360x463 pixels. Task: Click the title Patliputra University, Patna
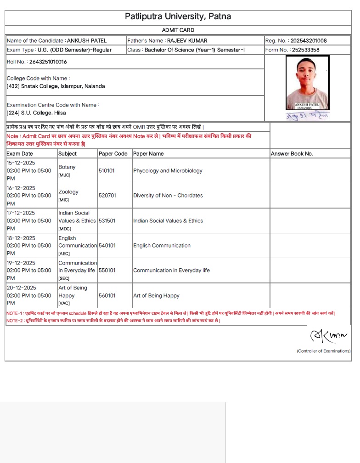[x=178, y=17]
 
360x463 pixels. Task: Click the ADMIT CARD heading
[x=178, y=30]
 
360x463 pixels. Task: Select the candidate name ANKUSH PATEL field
[x=86, y=41]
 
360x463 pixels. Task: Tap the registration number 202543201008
[x=309, y=41]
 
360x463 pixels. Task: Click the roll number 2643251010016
[x=48, y=62]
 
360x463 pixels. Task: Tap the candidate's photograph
[x=307, y=82]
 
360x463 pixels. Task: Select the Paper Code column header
[x=113, y=154]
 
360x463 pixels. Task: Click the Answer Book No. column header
[x=292, y=154]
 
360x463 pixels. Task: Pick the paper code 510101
[x=107, y=171]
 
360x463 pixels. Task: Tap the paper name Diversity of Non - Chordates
[x=168, y=196]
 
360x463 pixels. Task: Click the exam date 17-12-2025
[x=21, y=213]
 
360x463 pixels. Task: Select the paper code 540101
[x=107, y=246]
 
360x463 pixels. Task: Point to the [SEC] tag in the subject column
[x=63, y=278]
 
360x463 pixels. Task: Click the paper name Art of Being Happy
[x=156, y=296]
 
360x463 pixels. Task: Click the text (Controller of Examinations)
[x=323, y=351]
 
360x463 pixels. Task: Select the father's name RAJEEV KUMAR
[x=187, y=41]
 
